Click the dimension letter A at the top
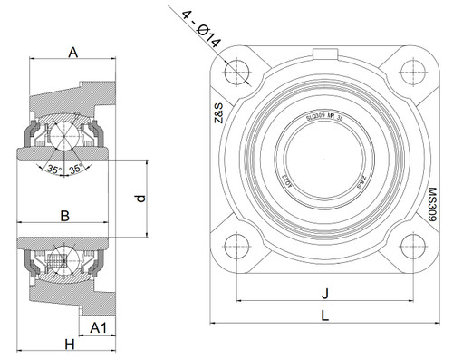(72, 54)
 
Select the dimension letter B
(64, 216)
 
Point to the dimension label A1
(101, 326)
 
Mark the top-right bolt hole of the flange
(411, 70)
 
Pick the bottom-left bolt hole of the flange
(237, 245)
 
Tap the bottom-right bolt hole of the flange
(411, 245)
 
